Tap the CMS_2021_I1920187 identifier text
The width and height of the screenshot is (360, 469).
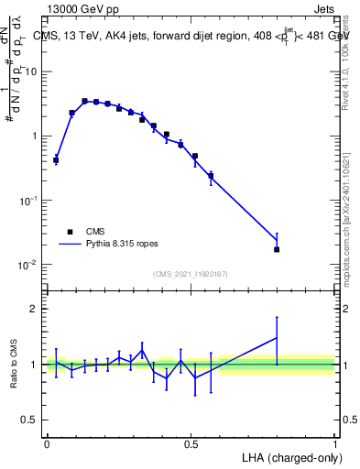click(191, 274)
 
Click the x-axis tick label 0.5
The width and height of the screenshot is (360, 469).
click(191, 443)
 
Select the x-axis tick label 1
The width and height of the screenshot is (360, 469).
click(335, 443)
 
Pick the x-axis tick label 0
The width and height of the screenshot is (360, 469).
click(47, 443)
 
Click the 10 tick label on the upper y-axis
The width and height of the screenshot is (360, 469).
click(31, 71)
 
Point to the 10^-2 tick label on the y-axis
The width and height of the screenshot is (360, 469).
click(27, 265)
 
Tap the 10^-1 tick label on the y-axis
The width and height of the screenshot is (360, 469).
click(27, 201)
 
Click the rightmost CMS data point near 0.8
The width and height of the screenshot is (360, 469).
click(277, 249)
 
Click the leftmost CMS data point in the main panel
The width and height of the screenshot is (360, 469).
click(56, 160)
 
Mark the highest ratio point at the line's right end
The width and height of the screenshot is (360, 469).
click(277, 337)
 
